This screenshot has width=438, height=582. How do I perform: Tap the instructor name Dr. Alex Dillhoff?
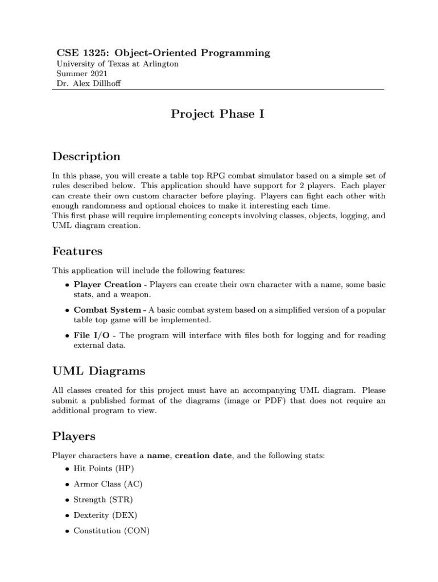tap(89, 84)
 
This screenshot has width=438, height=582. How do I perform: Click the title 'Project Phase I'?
tap(218, 114)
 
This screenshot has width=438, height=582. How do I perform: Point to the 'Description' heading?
tap(86, 156)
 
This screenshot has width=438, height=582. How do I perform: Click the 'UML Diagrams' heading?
tap(98, 371)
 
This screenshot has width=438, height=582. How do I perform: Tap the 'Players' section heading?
tap(74, 436)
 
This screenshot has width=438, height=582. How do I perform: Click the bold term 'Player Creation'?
tap(108, 284)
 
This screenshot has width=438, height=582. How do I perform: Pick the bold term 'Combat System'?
tap(107, 310)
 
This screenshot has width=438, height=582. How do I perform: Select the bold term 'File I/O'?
tap(92, 335)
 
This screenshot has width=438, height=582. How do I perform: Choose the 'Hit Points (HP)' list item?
tap(104, 469)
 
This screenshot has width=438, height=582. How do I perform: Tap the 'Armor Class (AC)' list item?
tap(108, 484)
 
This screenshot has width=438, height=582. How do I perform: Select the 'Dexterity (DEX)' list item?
tap(105, 515)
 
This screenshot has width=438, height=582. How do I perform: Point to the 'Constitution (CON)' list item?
tap(110, 530)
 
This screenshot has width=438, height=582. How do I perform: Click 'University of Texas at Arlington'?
tap(117, 64)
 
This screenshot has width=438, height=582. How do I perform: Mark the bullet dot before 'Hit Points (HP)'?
tap(68, 469)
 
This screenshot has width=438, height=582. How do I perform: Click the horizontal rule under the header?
tap(218, 89)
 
